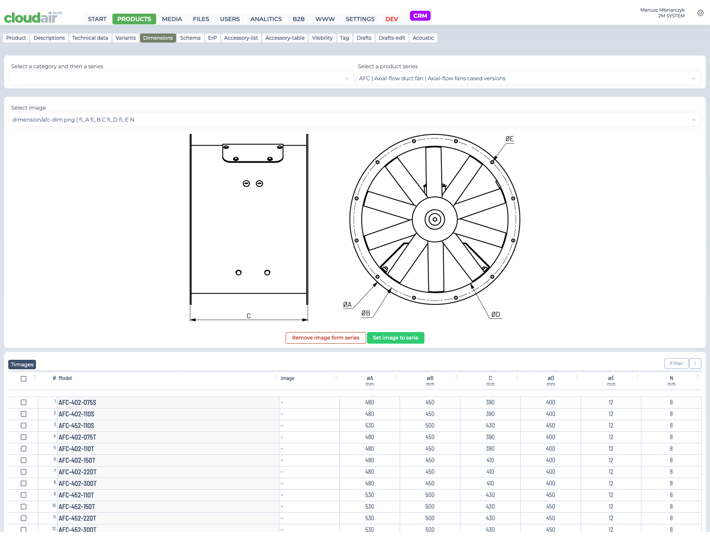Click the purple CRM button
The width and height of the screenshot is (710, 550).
420,16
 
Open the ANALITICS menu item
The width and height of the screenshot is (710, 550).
266,19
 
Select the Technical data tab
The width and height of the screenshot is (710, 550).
90,38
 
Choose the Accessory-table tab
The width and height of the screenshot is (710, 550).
285,38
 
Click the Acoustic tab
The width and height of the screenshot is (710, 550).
423,38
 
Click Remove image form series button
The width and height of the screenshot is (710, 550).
326,338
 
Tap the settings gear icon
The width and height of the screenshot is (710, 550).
700,13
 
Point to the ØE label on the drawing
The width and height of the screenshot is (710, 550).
510,139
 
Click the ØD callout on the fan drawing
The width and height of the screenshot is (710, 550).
496,315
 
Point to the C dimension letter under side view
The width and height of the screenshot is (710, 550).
248,316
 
